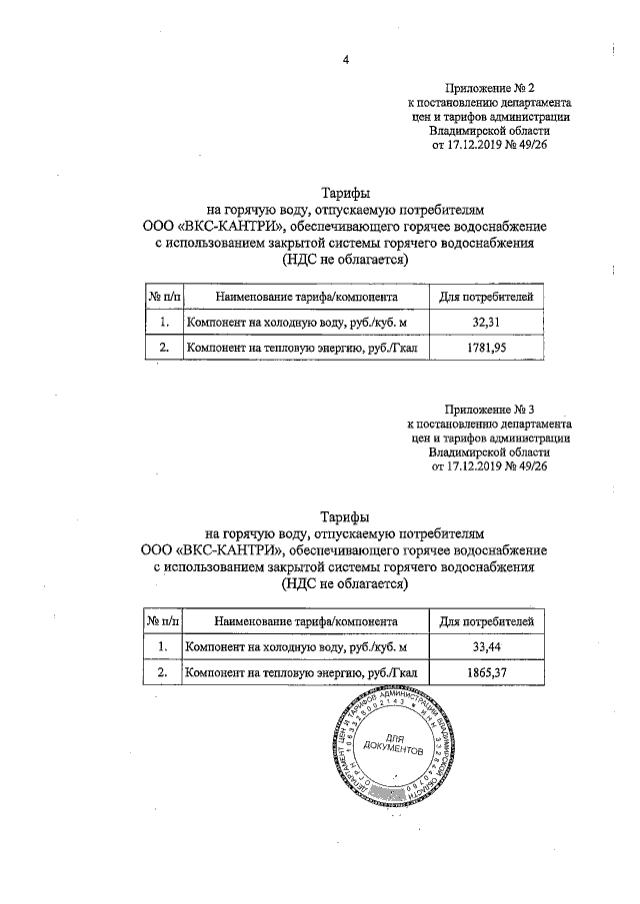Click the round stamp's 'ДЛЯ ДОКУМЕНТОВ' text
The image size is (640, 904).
click(x=394, y=746)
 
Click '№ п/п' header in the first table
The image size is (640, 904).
click(x=163, y=296)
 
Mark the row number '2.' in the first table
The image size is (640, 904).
click(x=163, y=348)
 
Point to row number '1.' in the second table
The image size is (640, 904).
click(x=163, y=647)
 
